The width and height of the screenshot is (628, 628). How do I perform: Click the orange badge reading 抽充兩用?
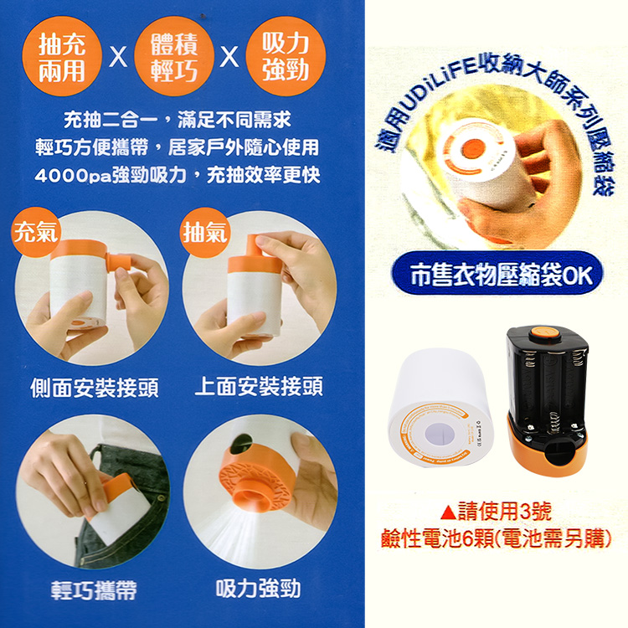pos(62,57)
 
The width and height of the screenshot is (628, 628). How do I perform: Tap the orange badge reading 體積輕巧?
pos(174,57)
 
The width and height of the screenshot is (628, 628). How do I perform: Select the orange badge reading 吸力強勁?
pos(285,57)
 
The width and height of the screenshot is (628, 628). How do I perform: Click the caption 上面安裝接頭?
pos(258,387)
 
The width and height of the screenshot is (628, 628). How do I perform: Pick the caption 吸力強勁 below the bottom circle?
pos(258,589)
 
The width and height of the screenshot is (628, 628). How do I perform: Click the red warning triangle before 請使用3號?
pos(446,512)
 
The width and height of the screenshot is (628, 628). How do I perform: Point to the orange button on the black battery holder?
pos(546,334)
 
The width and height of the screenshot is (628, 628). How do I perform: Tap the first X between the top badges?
pos(118,59)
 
